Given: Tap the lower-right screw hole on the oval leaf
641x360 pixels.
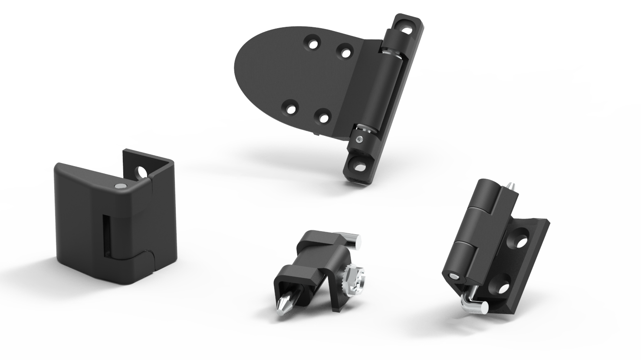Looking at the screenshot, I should (x=322, y=117).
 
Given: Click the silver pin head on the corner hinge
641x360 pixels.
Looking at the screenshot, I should (x=119, y=186).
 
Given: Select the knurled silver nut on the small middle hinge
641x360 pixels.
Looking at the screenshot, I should (x=354, y=279).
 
